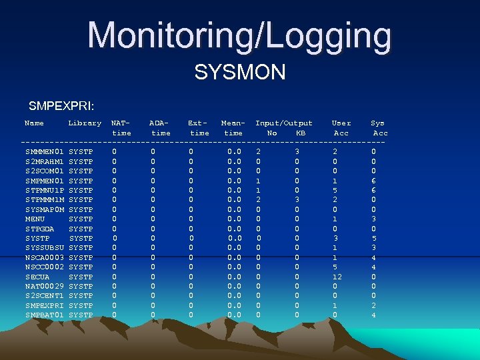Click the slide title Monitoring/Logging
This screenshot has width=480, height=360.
tap(239, 35)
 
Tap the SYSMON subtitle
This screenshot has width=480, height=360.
tap(239, 71)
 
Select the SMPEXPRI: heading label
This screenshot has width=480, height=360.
tap(61, 106)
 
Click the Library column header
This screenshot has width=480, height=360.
tap(85, 123)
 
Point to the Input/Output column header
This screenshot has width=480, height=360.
tap(283, 123)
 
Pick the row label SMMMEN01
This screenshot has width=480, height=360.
tap(44, 152)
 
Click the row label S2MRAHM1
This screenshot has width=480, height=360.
tap(44, 161)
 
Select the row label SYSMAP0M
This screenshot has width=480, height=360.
tap(44, 209)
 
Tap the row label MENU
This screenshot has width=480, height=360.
tap(35, 219)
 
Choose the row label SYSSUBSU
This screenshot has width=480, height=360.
tap(44, 248)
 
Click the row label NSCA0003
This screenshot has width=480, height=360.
tap(44, 257)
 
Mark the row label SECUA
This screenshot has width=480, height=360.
tap(37, 277)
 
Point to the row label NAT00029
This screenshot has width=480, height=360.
tap(44, 286)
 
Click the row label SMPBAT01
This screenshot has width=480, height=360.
tap(44, 315)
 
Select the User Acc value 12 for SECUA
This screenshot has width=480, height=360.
tap(337, 277)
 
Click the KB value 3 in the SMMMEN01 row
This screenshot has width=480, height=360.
tap(297, 152)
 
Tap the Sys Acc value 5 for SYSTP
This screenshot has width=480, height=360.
tap(374, 239)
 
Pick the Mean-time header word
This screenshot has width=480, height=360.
tap(233, 128)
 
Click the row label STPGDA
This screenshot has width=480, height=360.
tap(39, 229)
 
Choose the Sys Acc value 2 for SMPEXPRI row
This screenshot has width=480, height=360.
tap(374, 305)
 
